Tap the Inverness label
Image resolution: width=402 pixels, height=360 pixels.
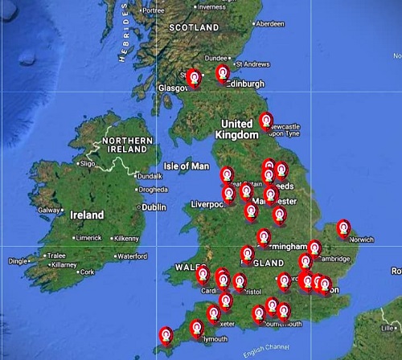point(212,6)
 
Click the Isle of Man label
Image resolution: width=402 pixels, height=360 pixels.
point(186,166)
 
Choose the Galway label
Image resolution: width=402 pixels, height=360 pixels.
point(50,210)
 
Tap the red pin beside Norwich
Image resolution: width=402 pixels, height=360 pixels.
point(343,228)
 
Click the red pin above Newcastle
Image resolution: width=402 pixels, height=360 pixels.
point(266,121)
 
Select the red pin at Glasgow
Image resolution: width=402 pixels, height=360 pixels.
point(193,76)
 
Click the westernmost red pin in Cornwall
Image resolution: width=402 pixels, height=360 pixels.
point(166,333)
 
